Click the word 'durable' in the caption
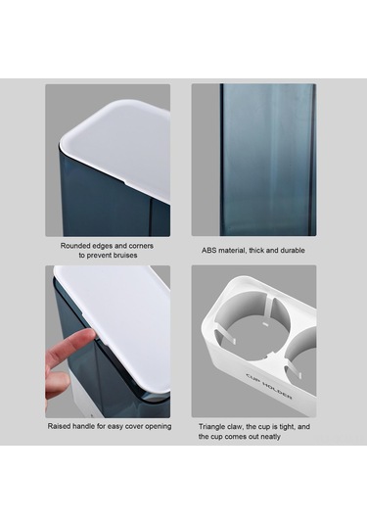coord(293,251)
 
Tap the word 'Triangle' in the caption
coord(212,427)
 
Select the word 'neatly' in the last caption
coord(270,437)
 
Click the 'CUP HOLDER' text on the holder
coord(269,386)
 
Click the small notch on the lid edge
coord(125,183)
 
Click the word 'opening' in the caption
coord(159,427)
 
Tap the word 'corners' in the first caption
coord(141,246)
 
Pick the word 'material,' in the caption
coord(233,251)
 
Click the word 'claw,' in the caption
coord(236,427)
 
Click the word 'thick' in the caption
coord(257,251)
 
